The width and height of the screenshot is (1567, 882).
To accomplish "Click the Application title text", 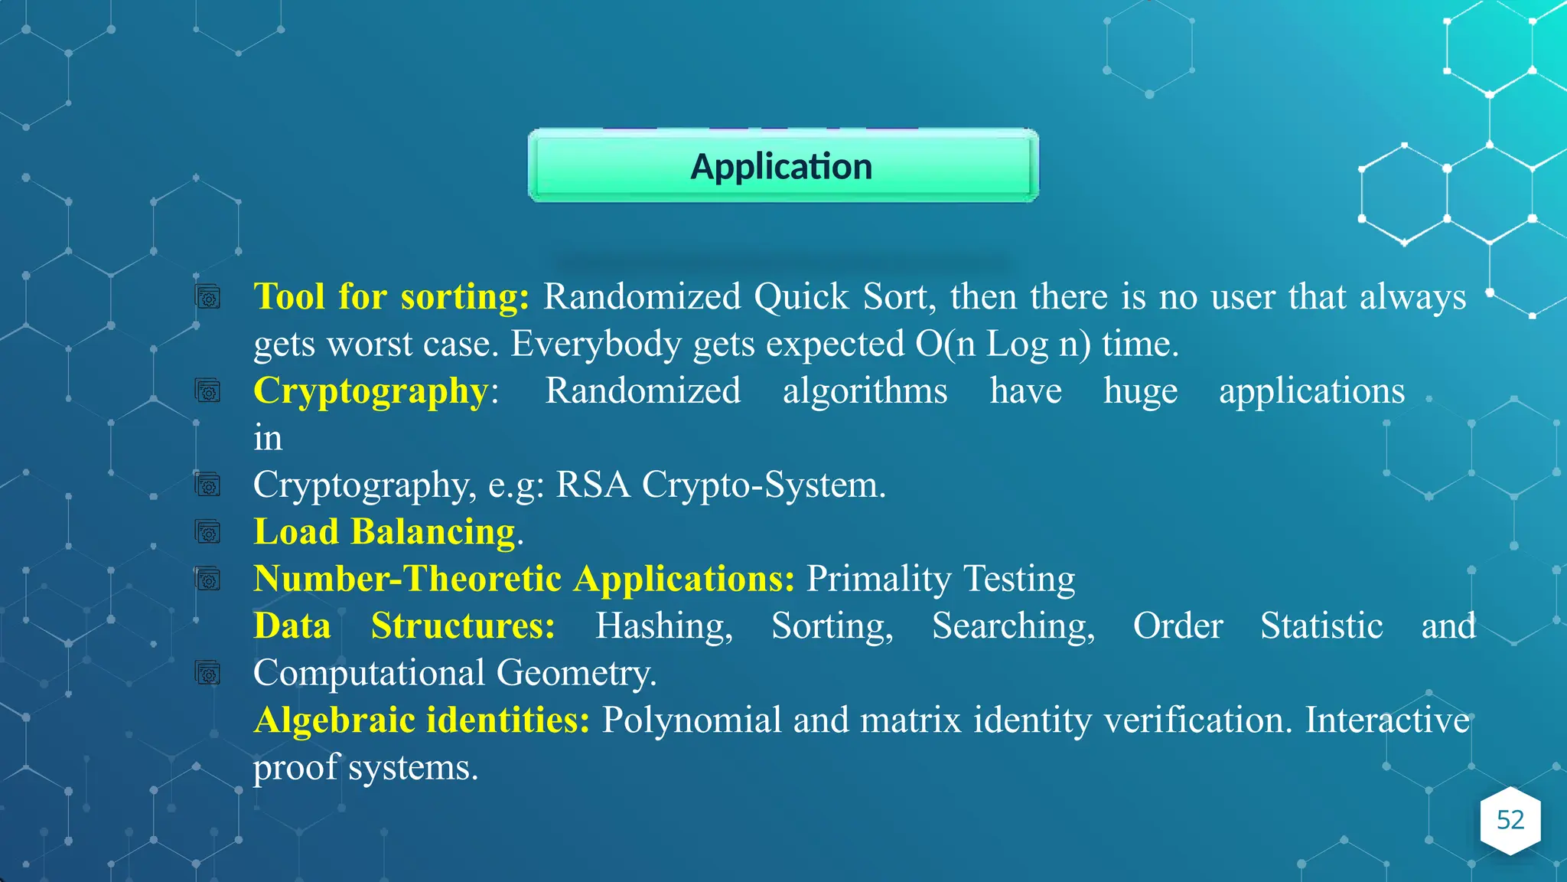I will (x=781, y=167).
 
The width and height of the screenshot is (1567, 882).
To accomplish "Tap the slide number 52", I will (x=1510, y=820).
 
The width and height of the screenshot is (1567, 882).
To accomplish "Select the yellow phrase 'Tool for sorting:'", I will (x=391, y=297).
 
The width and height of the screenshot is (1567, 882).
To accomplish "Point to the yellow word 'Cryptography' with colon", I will (x=376, y=391).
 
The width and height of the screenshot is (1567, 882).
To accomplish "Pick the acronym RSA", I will (x=593, y=485).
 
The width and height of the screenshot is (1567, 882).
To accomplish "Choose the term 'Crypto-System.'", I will (x=764, y=485).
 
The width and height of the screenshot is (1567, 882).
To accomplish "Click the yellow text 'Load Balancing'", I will (x=385, y=532).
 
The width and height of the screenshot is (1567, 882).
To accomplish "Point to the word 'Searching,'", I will (x=1013, y=626).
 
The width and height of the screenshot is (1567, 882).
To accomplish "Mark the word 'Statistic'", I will (x=1321, y=626).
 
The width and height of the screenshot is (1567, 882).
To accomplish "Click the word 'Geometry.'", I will (x=576, y=674).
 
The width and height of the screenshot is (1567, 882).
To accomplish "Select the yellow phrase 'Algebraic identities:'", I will (x=422, y=720).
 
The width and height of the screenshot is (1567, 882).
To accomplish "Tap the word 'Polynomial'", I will (x=692, y=720).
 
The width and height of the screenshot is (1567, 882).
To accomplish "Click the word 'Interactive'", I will (x=1387, y=720).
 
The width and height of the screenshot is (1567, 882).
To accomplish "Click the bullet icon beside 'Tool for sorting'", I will (x=208, y=297).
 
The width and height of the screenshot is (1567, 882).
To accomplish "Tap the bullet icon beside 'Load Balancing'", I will (x=208, y=532).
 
